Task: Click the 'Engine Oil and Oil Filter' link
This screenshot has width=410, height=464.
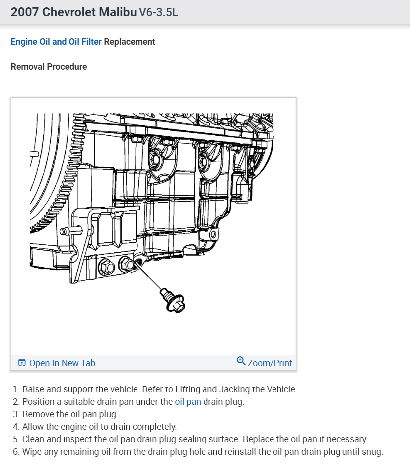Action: pos(56,42)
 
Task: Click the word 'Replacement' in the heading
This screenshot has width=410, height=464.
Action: pos(130,42)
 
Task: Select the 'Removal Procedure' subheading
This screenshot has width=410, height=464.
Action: pos(49,66)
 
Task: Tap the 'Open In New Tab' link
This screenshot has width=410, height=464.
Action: pos(62,363)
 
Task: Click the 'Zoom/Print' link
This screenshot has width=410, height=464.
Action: pos(270,363)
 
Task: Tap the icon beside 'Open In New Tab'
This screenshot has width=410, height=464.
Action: pos(22,363)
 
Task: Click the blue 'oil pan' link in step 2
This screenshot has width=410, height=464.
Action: pos(188,402)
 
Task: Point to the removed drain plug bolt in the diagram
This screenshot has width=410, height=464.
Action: pos(171,300)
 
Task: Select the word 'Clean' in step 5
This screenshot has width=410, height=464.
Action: pos(33,439)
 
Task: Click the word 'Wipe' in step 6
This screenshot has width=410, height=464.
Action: pos(31,452)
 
